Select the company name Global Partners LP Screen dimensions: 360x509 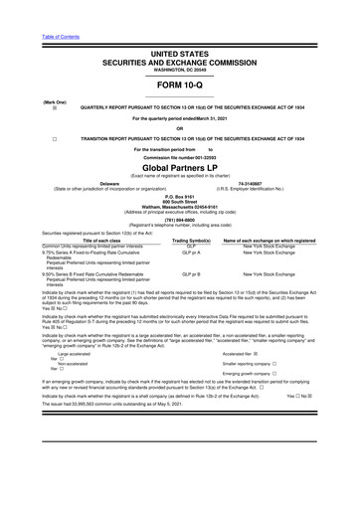(x=179, y=170)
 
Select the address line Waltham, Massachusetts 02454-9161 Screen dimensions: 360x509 (x=179, y=207)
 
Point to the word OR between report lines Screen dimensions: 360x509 (x=179, y=128)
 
